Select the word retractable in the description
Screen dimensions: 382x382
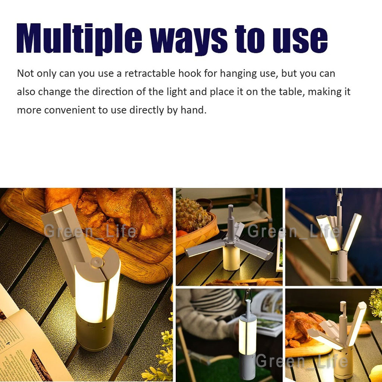point(150,73)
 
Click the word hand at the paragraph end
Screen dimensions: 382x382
point(194,110)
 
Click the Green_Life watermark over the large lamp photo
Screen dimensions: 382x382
point(90,231)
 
